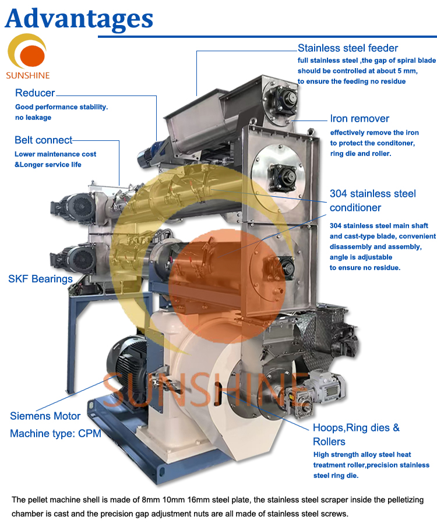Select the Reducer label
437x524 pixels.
[35, 93]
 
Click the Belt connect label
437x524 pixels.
[43, 140]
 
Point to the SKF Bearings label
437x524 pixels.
[40, 279]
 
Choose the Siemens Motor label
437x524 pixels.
[45, 416]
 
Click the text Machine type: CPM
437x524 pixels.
[55, 434]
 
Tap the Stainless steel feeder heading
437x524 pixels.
[348, 48]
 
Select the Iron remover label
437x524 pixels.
[360, 119]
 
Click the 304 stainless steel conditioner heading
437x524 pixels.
[372, 200]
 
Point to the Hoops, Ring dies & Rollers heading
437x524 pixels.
[356, 434]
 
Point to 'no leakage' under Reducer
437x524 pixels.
[33, 118]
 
